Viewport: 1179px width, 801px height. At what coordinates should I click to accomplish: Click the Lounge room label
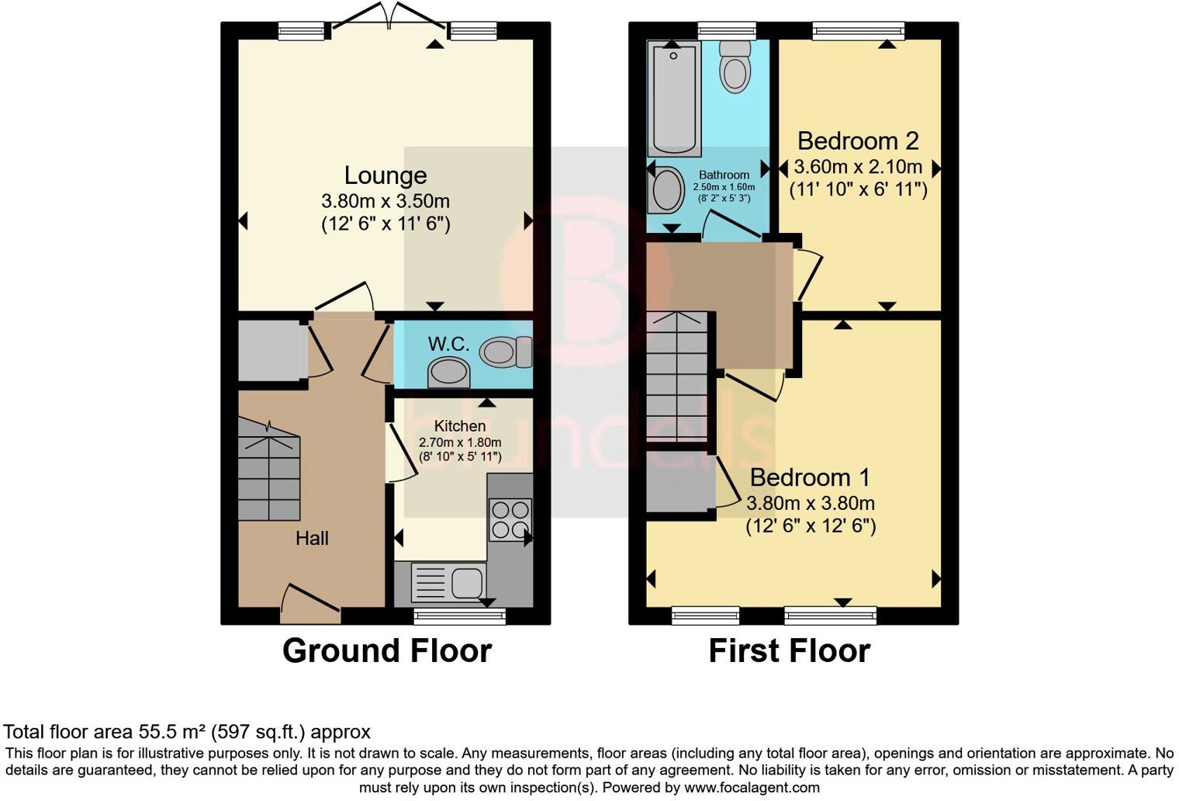point(386,175)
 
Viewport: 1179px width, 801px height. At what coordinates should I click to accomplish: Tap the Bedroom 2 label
point(858,140)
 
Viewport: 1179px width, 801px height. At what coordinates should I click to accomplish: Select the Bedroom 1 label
point(810,477)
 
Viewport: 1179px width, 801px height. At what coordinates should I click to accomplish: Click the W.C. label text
point(448,344)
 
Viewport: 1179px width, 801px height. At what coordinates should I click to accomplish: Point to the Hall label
point(312,538)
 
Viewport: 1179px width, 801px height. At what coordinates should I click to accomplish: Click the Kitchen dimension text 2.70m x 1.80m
point(460,442)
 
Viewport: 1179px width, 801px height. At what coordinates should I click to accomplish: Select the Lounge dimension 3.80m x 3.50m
point(386,201)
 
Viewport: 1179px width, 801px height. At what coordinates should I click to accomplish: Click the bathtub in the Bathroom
point(673,98)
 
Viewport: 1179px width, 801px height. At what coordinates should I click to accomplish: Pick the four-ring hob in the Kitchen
point(510,519)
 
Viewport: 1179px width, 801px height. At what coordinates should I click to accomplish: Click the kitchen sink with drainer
point(448,583)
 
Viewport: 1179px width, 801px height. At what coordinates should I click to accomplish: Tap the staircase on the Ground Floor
point(268,470)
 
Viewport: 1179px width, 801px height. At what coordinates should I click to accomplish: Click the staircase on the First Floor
point(677,376)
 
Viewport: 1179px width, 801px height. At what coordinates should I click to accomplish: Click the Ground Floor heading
point(386,650)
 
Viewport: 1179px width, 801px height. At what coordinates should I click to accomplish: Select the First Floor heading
point(789,650)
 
